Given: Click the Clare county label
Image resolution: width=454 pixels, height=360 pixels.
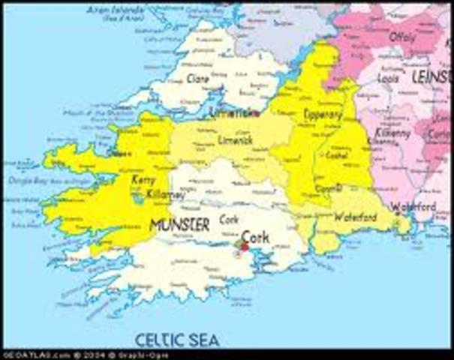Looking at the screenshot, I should [x=197, y=78].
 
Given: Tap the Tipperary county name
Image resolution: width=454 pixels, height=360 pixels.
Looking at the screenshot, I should [x=323, y=115].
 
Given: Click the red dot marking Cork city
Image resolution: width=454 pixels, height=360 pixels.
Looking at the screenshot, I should [x=244, y=247].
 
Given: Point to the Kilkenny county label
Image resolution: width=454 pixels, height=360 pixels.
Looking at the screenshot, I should [x=393, y=133].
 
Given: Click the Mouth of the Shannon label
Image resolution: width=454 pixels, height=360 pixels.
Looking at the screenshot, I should [x=89, y=113].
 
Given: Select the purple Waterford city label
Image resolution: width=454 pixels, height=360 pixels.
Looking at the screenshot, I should [x=413, y=206].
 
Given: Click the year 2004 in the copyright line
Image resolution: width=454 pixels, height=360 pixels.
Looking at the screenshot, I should [x=92, y=355].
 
